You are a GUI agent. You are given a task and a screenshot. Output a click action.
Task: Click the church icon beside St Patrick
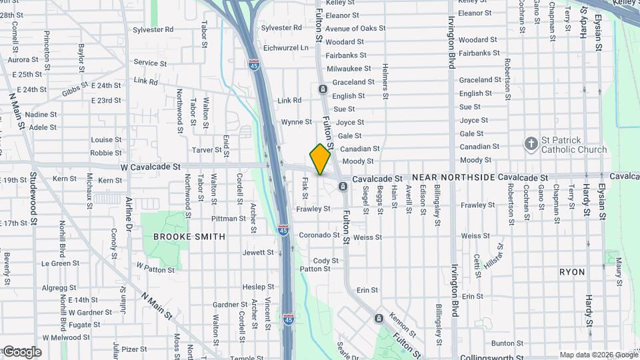pyautogui.click(x=531, y=144)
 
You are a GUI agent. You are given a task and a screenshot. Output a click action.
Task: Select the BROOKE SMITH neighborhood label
pyautogui.click(x=189, y=237)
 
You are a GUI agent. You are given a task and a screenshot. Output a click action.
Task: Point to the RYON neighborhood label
pyautogui.click(x=572, y=273)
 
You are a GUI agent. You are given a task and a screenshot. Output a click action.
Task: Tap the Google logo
pyautogui.click(x=21, y=352)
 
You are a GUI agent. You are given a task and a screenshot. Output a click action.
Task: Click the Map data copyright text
pyautogui.click(x=599, y=355)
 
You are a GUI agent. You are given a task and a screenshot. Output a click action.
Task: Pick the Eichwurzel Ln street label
pyautogui.click(x=286, y=48)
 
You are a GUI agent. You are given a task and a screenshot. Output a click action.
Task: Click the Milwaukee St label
pyautogui.click(x=349, y=69)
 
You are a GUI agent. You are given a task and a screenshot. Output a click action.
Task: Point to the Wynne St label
pyautogui.click(x=296, y=122)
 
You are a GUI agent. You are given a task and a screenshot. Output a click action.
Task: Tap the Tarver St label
pyautogui.click(x=206, y=150)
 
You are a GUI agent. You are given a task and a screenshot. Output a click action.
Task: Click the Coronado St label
pyautogui.click(x=319, y=235)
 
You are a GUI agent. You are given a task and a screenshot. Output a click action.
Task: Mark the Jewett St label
pyautogui.click(x=258, y=253)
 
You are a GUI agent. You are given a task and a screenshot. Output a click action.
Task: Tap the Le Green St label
pyautogui.click(x=61, y=263)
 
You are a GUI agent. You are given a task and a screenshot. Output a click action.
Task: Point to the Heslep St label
pyautogui.click(x=254, y=287)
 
